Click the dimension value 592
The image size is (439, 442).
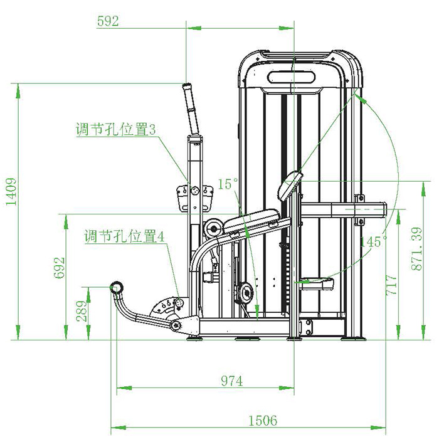[108, 21]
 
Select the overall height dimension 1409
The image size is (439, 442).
[11, 191]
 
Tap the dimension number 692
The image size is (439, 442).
[59, 268]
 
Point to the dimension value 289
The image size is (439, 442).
[82, 311]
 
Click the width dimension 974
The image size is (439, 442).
[231, 381]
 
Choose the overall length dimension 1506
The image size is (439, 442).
[263, 421]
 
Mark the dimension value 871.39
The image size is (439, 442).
[416, 249]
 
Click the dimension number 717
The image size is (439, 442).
[391, 285]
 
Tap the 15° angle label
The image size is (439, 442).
[228, 184]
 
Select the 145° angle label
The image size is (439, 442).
[374, 241]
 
